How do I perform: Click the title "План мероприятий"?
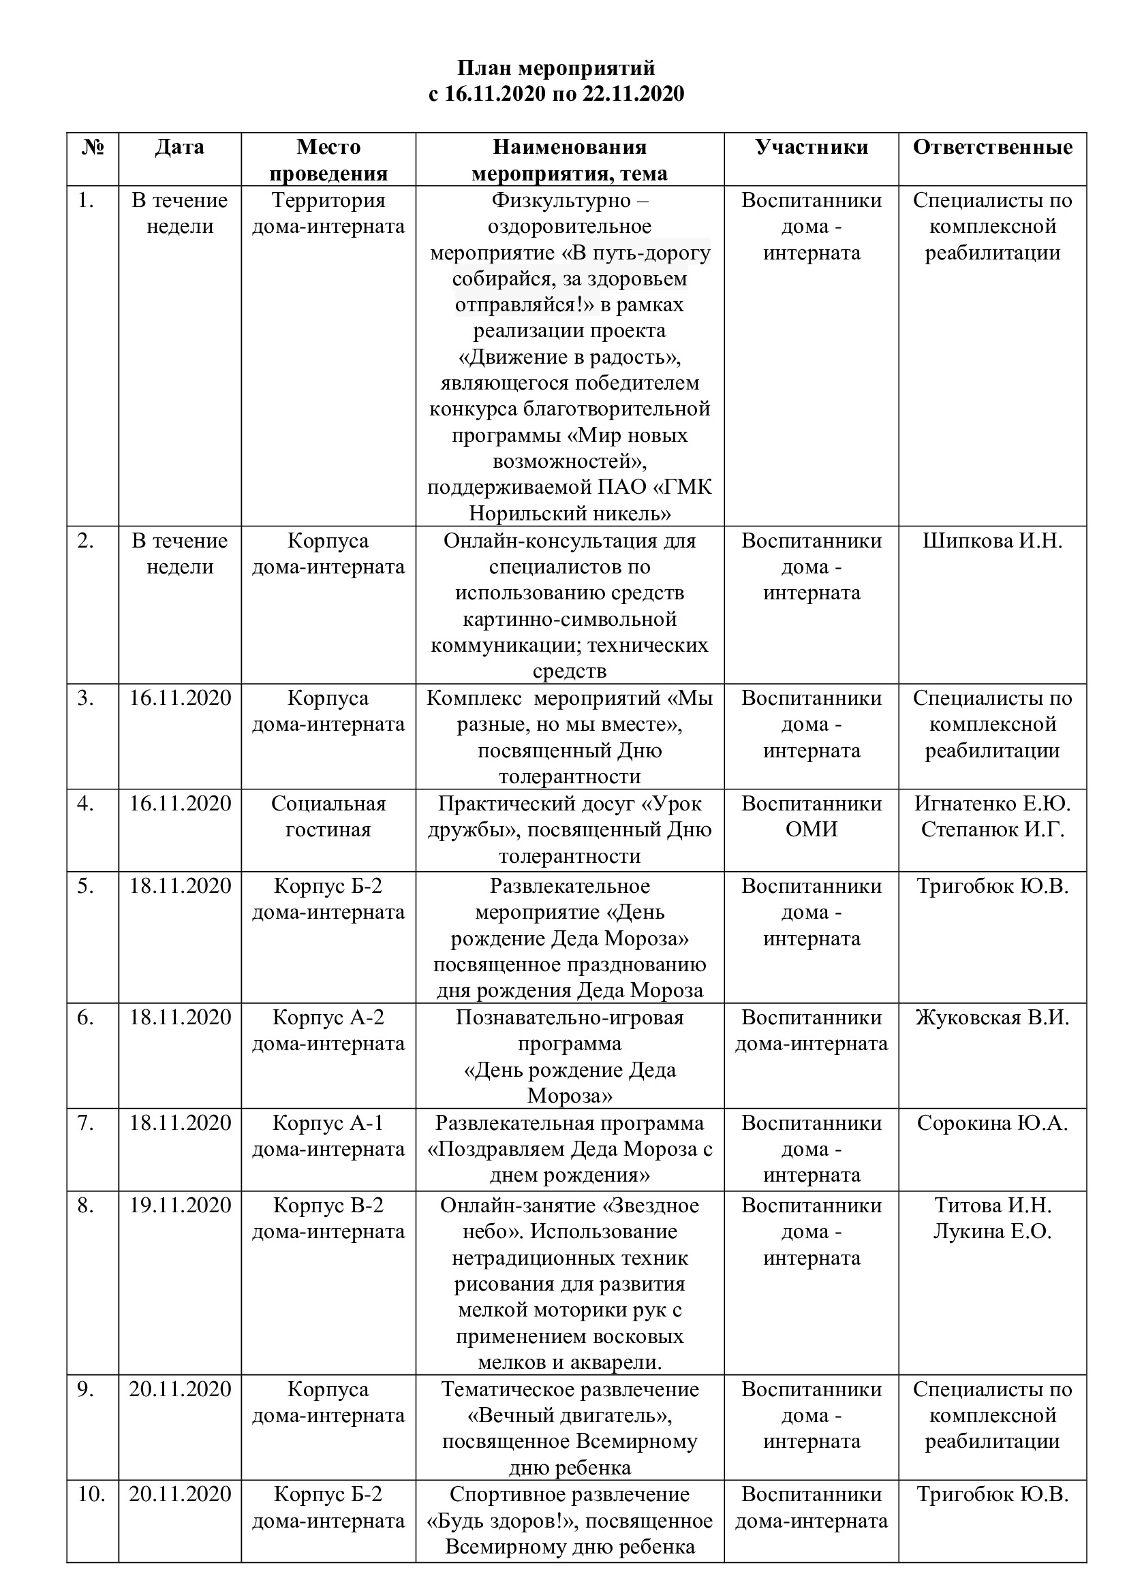[x=556, y=68]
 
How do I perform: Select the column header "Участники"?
[x=812, y=147]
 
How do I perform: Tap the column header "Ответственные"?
[x=991, y=147]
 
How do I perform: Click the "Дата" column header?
[x=179, y=147]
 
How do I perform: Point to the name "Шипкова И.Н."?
[x=991, y=541]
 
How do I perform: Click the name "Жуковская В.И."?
[x=991, y=1018]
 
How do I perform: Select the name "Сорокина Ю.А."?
[x=991, y=1123]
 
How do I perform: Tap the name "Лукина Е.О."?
[x=991, y=1231]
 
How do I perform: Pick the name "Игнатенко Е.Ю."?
[x=991, y=804]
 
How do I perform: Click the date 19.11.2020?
[x=180, y=1206]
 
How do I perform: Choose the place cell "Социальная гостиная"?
[x=328, y=817]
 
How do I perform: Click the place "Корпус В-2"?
[x=328, y=1206]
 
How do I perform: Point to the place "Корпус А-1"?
[x=328, y=1123]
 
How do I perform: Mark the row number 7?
[x=85, y=1123]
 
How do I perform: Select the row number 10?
[x=91, y=1494]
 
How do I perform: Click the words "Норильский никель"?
[x=569, y=514]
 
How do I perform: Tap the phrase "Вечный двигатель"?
[x=569, y=1415]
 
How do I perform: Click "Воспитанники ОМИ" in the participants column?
[x=812, y=817]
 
